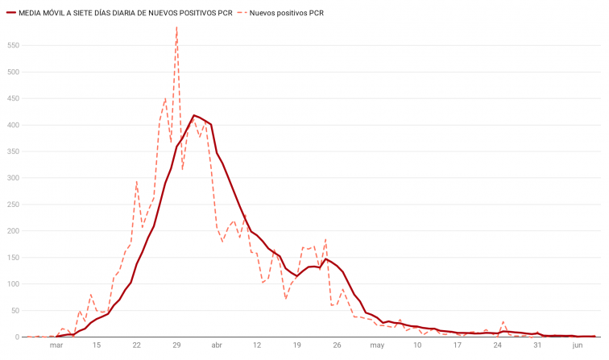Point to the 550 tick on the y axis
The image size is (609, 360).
coord(11,46)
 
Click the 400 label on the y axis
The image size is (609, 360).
coord(11,125)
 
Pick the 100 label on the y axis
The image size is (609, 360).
coord(11,283)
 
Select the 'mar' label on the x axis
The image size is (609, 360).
coord(56,346)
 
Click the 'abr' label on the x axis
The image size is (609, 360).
coord(217,346)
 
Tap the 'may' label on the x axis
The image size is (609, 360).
coord(377,346)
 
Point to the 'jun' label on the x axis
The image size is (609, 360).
coord(578,346)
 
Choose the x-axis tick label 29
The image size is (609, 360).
coord(176,346)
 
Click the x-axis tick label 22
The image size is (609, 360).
coord(137,346)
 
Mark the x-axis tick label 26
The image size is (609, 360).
coord(337,346)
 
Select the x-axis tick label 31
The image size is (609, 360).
coord(537,346)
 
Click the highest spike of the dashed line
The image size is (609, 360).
coord(176,27)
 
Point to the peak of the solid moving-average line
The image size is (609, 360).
coord(194,115)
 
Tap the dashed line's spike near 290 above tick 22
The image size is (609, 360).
coord(137,182)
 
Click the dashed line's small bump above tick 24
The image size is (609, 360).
coord(503,322)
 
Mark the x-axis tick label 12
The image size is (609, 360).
coord(257,346)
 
